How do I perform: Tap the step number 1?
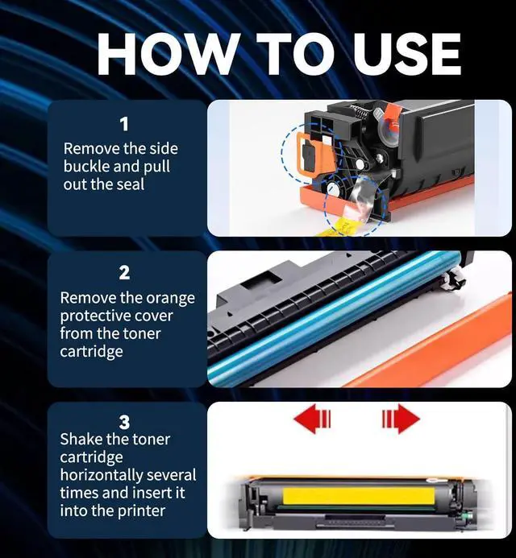124,124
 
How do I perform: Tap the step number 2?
124,274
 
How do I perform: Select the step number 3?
124,422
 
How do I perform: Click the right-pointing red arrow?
400,420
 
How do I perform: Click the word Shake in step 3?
82,440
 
